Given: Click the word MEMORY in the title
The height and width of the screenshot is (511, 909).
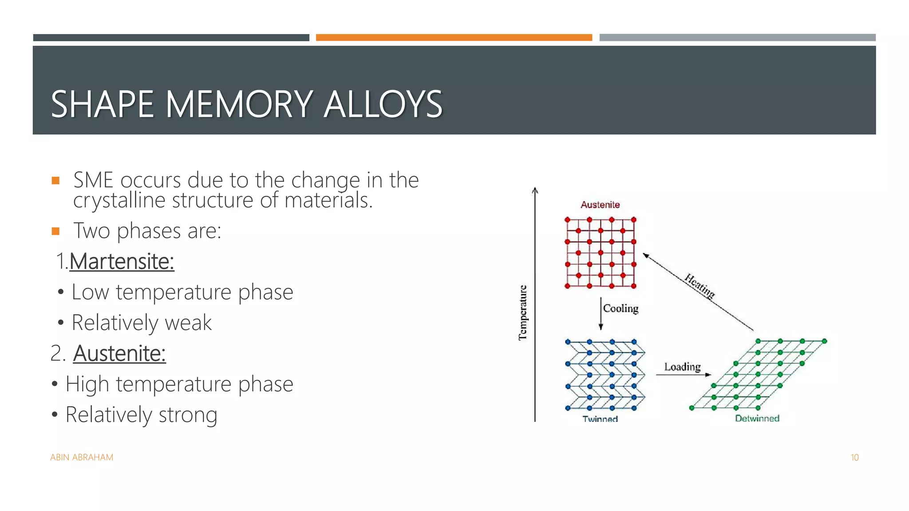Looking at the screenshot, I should point(240,105).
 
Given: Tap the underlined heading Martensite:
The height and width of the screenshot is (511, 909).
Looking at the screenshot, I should point(122,261).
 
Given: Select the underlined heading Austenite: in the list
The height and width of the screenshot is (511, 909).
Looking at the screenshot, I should point(119,354).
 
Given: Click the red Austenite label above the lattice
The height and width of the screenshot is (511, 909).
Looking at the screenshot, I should point(600,205).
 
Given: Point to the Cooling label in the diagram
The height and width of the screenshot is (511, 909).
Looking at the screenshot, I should point(620,308).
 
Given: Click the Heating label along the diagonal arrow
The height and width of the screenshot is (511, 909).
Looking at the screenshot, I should point(700,286).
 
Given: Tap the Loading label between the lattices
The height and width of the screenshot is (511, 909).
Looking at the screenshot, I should point(682,367).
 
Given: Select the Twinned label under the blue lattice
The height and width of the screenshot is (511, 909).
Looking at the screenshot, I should point(600,418).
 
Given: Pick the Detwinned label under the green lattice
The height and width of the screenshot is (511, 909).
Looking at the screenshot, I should point(757,418).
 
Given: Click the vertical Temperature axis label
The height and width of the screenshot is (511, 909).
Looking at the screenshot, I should point(523,313).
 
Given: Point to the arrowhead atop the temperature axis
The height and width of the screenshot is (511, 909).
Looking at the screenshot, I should point(535,191).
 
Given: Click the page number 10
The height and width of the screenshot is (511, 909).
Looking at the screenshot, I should point(854,457).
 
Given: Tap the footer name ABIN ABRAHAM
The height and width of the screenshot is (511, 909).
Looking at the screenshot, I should point(82,457).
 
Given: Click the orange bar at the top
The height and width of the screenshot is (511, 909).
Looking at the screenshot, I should point(454,38).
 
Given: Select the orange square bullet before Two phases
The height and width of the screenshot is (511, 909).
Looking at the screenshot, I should point(55,231).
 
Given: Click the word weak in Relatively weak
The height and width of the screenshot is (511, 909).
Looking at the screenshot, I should point(188,322).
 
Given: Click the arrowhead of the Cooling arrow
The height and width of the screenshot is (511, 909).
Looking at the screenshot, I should point(601,327).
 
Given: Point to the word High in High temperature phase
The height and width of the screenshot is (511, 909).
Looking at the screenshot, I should point(87,384).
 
